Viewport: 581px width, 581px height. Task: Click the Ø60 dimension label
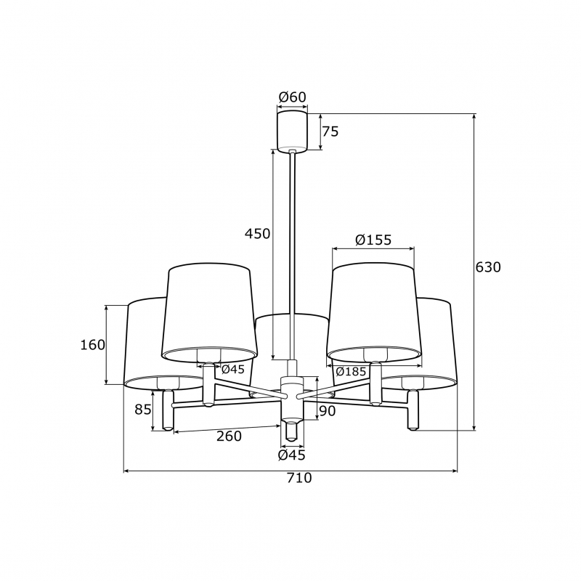click(x=293, y=97)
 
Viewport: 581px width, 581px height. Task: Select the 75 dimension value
click(x=330, y=131)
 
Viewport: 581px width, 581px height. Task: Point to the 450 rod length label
click(x=257, y=234)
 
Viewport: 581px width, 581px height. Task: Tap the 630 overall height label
click(x=488, y=267)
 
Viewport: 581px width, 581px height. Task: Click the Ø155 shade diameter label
click(x=373, y=240)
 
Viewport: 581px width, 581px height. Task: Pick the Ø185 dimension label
click(x=351, y=371)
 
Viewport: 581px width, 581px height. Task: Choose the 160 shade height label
click(x=93, y=345)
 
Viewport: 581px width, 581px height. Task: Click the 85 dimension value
click(x=143, y=410)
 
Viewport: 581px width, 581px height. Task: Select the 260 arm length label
click(x=229, y=436)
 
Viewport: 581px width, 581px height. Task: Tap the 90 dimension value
click(x=328, y=411)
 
